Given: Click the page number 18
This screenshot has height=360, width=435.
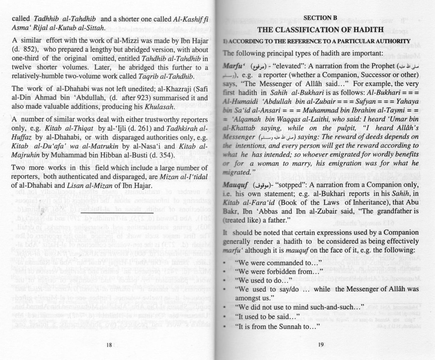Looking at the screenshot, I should [x=109, y=346].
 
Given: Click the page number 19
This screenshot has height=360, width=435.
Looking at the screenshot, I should [x=320, y=346].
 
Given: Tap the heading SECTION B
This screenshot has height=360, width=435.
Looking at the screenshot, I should [x=320, y=18].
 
